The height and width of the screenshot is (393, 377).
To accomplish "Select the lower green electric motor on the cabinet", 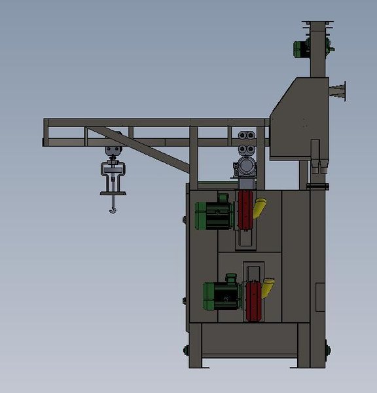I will click(221, 295).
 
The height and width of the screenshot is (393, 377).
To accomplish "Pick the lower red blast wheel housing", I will click(254, 298).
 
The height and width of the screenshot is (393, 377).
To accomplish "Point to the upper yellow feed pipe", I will click(260, 208).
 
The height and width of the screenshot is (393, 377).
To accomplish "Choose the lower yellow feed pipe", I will click(268, 288).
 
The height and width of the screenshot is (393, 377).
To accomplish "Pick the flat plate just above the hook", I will click(114, 193).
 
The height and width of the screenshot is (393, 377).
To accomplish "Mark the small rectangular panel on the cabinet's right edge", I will click(320, 297).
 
